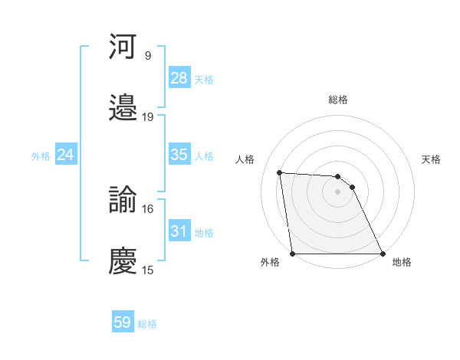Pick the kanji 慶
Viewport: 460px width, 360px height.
click(x=123, y=260)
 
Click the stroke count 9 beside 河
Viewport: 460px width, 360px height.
click(x=148, y=56)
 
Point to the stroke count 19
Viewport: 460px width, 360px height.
click(x=148, y=117)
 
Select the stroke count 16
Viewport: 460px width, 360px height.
click(x=148, y=208)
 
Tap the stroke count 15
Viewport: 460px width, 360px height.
click(x=148, y=270)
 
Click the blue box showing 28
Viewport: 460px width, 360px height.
click(x=179, y=78)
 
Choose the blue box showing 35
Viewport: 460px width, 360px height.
click(x=179, y=155)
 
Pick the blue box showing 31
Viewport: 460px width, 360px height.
click(x=179, y=231)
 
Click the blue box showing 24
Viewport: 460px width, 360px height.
click(x=66, y=155)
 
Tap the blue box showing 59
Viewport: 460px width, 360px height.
click(x=123, y=322)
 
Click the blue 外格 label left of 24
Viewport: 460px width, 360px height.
click(x=41, y=156)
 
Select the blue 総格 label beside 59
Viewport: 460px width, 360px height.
click(x=147, y=324)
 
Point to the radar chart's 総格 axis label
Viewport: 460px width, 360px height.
click(x=338, y=100)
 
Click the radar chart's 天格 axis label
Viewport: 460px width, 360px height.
click(x=432, y=160)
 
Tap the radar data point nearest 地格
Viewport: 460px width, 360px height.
click(x=382, y=254)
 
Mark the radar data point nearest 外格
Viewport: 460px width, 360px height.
click(x=293, y=254)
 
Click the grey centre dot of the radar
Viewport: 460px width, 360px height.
click(x=337, y=192)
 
